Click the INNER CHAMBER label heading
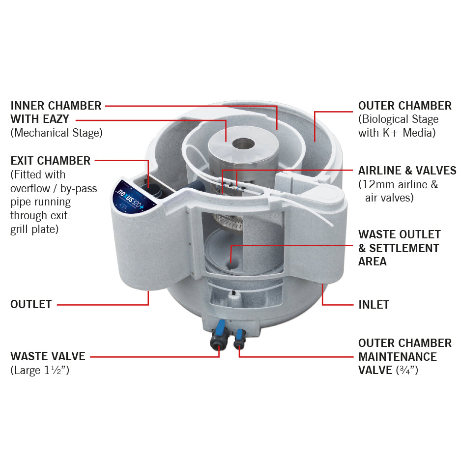pos(56,106)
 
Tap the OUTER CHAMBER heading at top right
pos(404,106)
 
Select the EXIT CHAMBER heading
pos(51,161)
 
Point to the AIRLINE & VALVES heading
pos(407,171)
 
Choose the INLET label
pos(374,305)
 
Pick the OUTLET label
pos(31,305)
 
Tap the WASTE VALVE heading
pos(48,356)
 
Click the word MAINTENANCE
pos(397,356)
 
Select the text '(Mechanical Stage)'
pos(56,133)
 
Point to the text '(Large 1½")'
pos(39,370)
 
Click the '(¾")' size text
pos(407,370)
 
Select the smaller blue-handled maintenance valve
pos(239,336)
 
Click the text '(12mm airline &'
pos(398,184)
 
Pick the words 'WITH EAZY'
pos(40,119)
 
